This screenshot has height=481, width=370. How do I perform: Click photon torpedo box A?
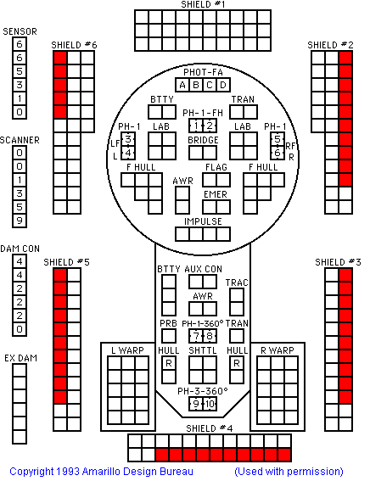(x=182, y=85)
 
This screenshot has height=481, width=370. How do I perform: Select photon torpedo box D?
(x=223, y=85)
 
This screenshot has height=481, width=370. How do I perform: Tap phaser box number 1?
(x=196, y=126)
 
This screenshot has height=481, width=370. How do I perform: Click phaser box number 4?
(x=128, y=153)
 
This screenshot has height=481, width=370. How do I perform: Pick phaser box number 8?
(x=210, y=336)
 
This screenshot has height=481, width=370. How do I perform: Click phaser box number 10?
(x=210, y=404)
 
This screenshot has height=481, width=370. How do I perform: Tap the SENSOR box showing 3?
(x=20, y=85)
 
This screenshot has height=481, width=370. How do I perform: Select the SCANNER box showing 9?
(x=20, y=221)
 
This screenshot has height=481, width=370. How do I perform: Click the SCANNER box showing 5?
(x=20, y=207)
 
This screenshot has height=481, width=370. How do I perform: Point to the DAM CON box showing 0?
(x=20, y=329)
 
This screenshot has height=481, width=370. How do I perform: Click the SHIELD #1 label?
(x=203, y=4)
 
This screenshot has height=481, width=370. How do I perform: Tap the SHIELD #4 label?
(x=210, y=428)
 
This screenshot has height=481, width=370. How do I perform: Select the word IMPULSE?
(x=203, y=221)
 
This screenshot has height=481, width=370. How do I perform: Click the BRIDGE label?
(x=203, y=140)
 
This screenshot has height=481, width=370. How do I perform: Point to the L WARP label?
(x=127, y=350)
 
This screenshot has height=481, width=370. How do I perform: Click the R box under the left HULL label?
(x=169, y=363)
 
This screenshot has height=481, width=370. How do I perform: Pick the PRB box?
(x=169, y=336)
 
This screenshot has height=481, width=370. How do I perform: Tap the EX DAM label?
(x=20, y=358)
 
